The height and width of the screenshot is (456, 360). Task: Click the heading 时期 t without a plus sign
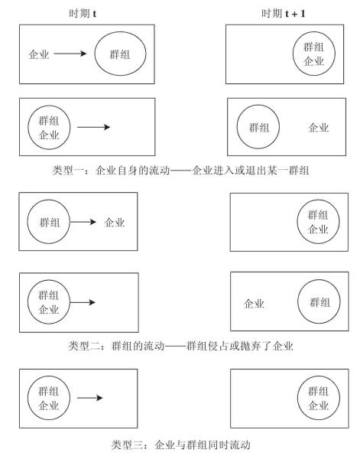pos(83,13)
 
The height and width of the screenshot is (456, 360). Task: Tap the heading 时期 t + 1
pos(284,13)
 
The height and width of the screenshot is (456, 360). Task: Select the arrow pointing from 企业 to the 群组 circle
pos(70,54)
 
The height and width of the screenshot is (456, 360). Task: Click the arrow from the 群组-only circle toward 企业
pos(83,222)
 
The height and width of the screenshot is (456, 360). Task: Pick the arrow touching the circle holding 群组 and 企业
pos(83,302)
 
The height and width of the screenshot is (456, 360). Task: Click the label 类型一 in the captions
pos(68,170)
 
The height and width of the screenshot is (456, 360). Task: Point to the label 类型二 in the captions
pos(84,346)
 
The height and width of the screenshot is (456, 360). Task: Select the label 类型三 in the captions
pos(128,445)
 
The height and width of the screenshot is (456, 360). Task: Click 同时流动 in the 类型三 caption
pos(229,445)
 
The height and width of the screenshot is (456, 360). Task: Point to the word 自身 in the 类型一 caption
pos(128,170)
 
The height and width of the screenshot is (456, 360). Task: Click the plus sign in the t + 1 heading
pos(295,14)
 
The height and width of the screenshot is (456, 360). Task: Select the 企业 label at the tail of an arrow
pos(39,54)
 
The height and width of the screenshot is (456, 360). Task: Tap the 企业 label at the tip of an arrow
pos(115,223)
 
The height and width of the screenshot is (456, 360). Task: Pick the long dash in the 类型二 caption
pos(175,346)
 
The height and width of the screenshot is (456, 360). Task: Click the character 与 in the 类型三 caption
pos(181,445)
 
